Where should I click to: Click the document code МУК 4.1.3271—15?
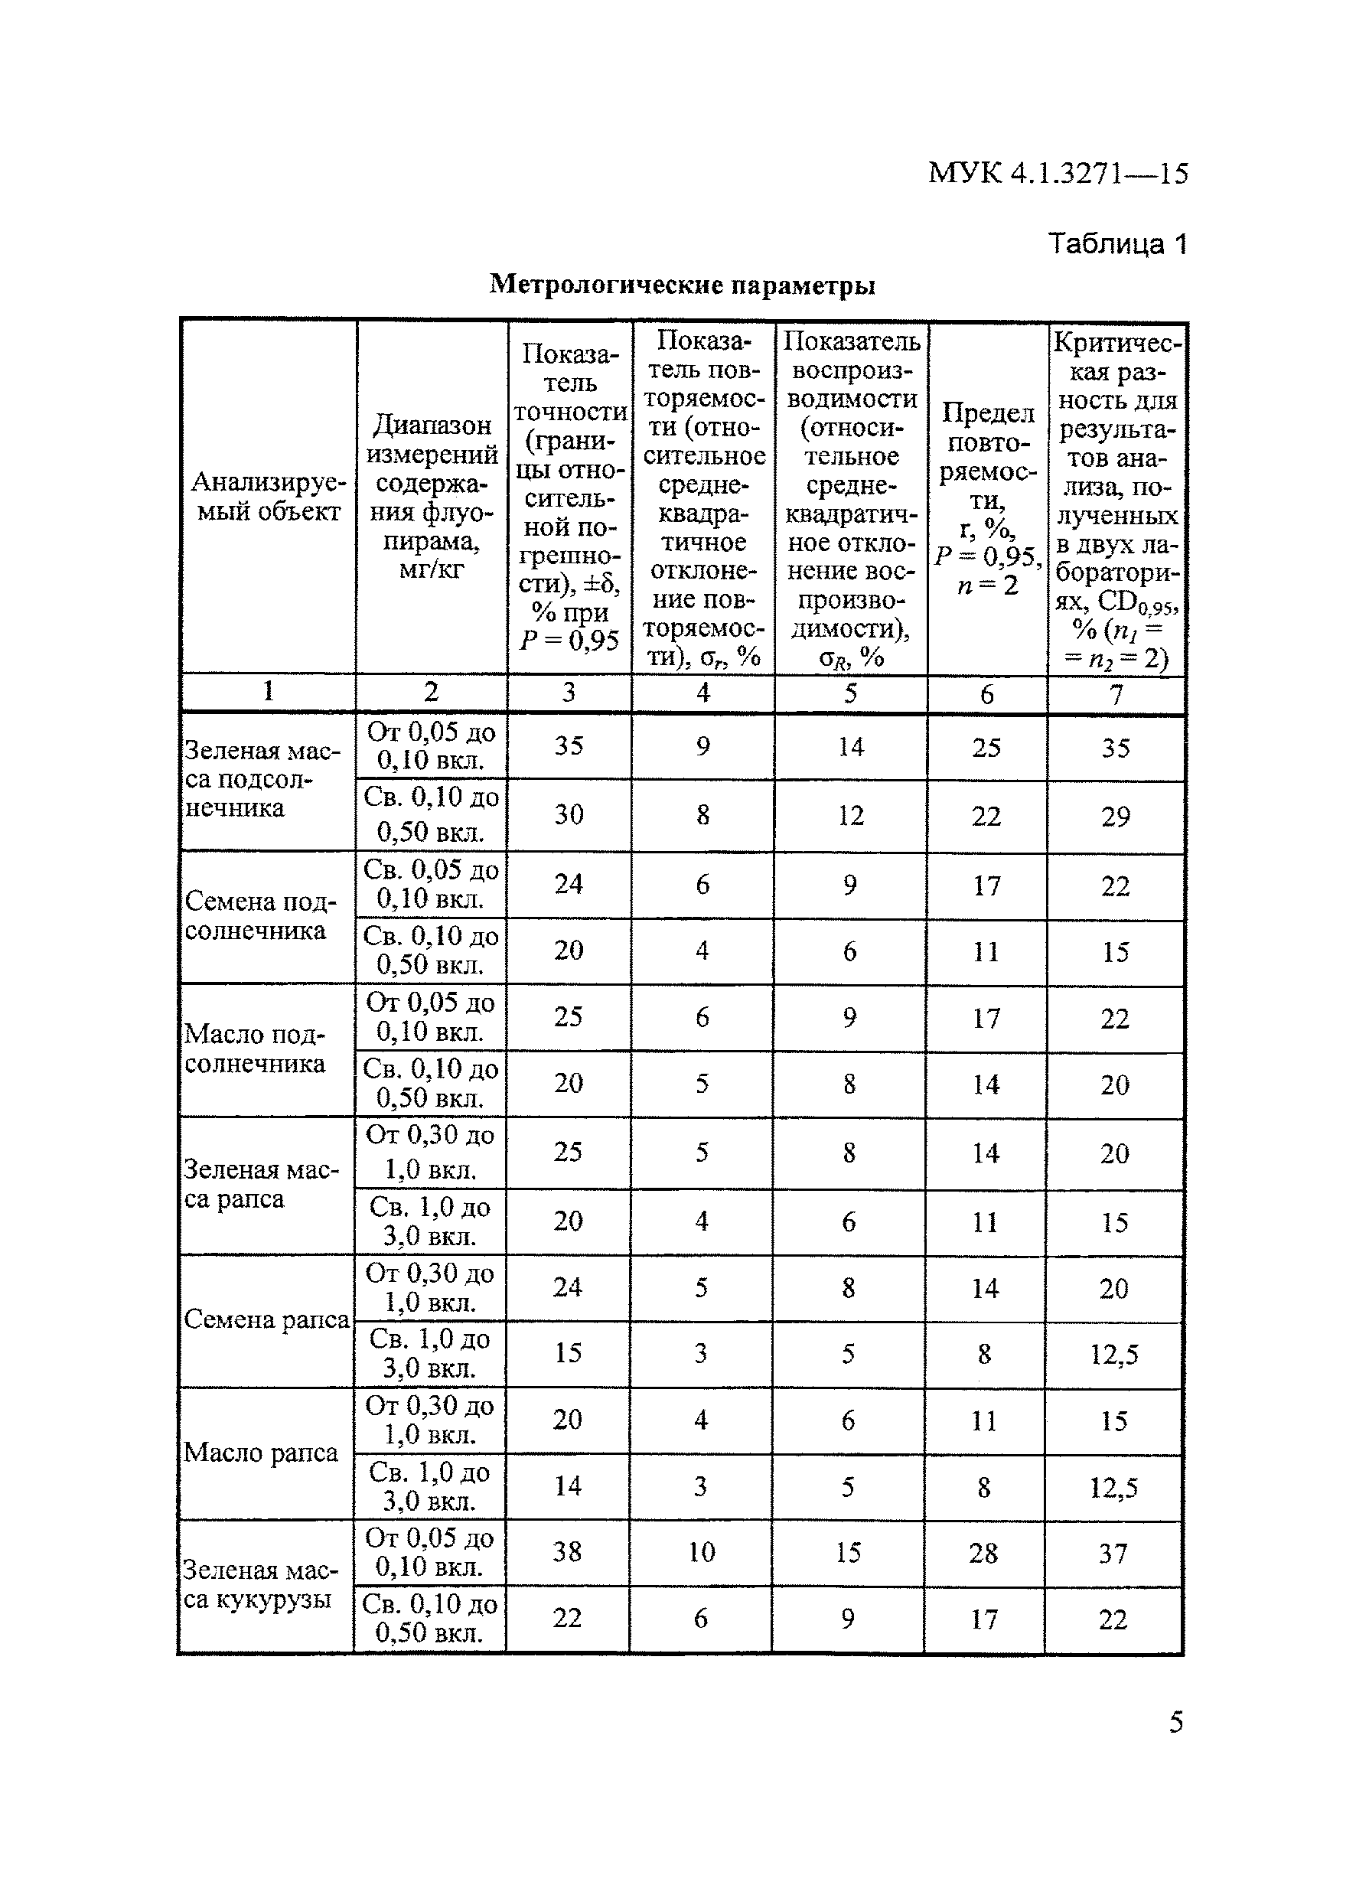(1057, 173)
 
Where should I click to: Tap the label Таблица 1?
(1116, 243)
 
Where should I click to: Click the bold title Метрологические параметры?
(681, 285)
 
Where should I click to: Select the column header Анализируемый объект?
(268, 497)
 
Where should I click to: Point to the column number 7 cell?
(1116, 693)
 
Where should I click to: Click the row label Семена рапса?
(266, 1319)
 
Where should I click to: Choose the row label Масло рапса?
(260, 1453)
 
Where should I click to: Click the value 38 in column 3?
(567, 1551)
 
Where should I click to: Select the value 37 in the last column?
(1113, 1553)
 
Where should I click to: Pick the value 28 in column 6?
(983, 1553)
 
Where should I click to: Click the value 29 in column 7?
(1116, 816)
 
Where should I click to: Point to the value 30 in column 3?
(569, 814)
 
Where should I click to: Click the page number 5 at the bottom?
(1175, 1723)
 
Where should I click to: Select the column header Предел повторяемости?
(987, 498)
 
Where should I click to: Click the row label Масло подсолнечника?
(255, 1048)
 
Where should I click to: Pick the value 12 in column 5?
(850, 815)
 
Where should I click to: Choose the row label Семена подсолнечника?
(259, 916)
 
